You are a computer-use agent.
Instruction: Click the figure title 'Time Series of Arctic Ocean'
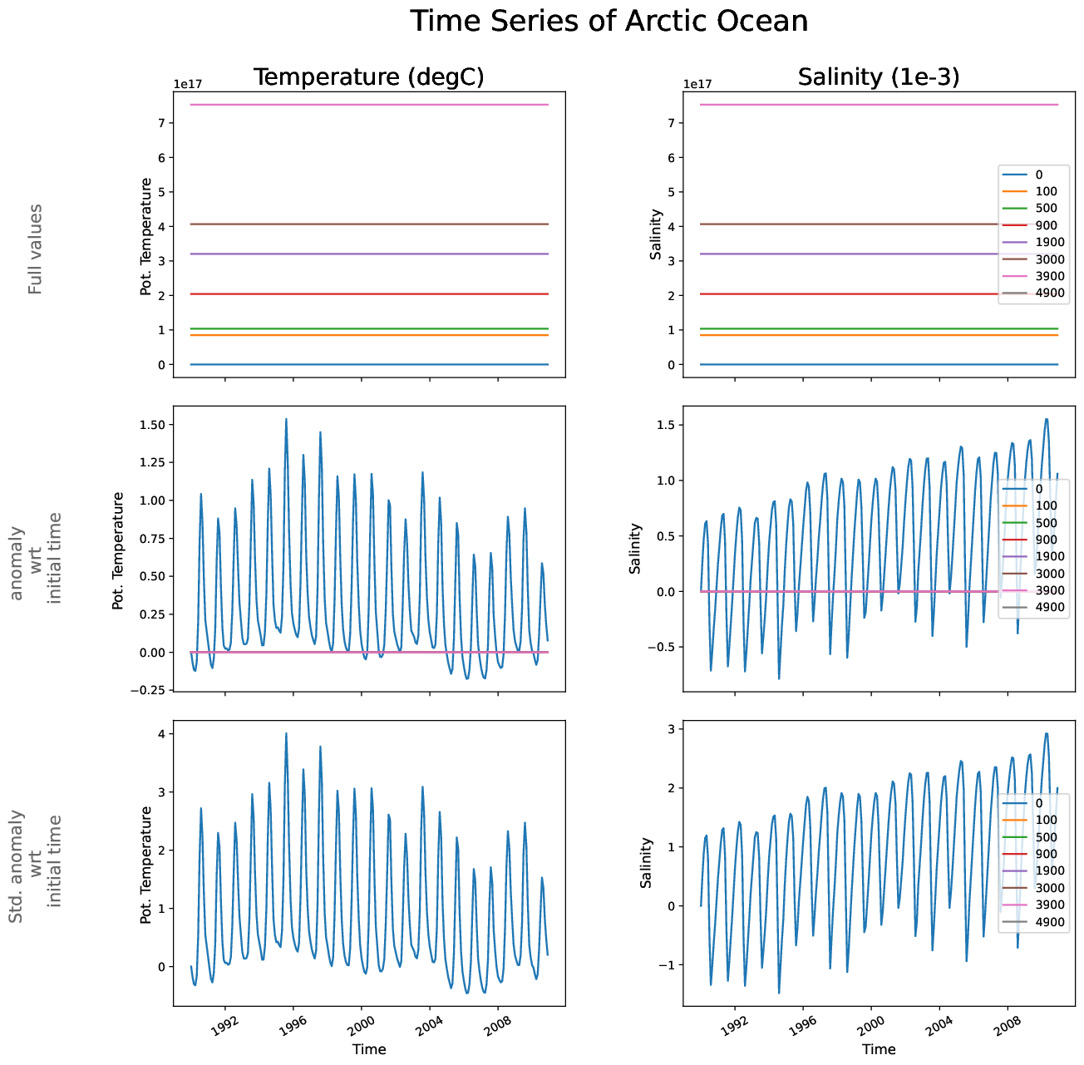609,22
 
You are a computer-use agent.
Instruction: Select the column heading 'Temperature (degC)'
368,77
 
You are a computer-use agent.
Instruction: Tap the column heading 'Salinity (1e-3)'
879,77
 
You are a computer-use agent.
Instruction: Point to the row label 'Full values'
35,249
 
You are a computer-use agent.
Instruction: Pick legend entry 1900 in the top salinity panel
1049,243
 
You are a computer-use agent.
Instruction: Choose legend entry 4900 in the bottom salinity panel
1049,922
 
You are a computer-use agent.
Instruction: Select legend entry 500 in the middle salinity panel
1046,523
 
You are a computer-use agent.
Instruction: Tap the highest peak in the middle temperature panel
286,420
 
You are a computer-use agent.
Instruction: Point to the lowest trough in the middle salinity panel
779,678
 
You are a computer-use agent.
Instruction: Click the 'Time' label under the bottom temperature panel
368,1049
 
